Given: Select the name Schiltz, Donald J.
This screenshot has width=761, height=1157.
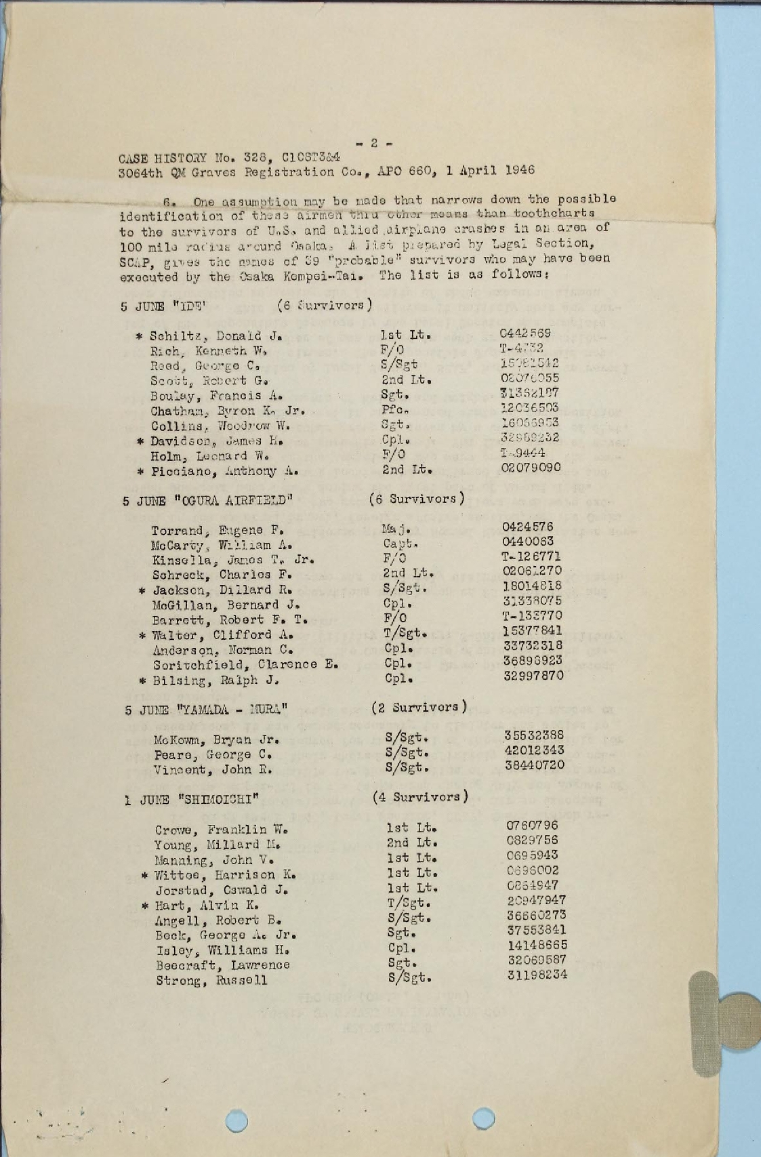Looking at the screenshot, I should pos(215,336).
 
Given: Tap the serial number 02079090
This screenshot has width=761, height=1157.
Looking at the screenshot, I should pos(530,468).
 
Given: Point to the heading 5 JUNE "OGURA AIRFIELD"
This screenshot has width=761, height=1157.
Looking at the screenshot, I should pos(208,502).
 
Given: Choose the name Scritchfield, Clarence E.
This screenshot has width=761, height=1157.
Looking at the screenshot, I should pos(245,665).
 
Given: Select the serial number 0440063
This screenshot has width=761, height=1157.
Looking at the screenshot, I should pos(528,542).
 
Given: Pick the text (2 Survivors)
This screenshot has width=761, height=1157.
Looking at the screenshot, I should pos(419,707).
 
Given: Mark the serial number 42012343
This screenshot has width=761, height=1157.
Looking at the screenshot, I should pos(535,750).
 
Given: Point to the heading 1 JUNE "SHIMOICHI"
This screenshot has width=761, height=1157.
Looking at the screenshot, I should pos(192,800).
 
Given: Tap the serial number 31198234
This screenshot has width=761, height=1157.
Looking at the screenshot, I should pos(537,975).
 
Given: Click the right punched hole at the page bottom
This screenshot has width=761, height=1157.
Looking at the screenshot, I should pos(483,1118).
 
